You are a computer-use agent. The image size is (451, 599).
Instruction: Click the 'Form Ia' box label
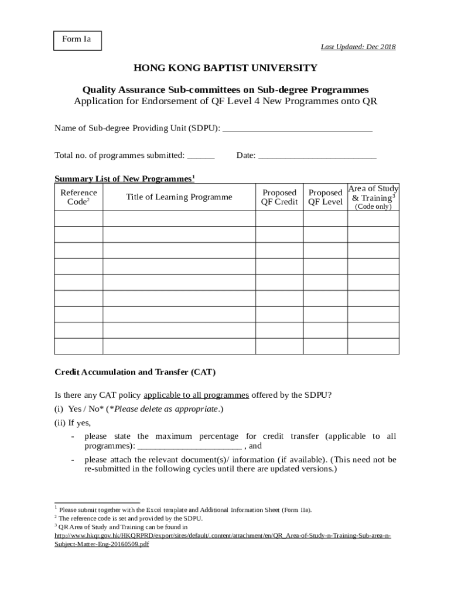point(77,40)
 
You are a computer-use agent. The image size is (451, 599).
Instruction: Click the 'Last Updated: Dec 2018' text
point(357,47)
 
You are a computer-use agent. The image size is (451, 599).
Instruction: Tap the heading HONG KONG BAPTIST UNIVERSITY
point(225,68)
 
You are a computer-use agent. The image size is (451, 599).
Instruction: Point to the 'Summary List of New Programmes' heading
point(124,178)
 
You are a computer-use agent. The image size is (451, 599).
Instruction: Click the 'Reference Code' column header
point(78,197)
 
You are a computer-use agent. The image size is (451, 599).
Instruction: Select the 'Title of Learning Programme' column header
point(179,197)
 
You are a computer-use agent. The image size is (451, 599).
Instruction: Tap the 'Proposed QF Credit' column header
point(279,197)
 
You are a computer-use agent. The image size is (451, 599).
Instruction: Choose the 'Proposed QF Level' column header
point(326,197)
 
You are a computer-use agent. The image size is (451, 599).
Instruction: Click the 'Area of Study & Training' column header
point(374,197)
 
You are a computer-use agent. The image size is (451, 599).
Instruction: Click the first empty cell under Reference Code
point(78,219)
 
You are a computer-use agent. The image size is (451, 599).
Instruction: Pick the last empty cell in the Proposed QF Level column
point(326,346)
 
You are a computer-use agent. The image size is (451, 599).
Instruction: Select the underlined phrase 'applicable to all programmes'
point(196,395)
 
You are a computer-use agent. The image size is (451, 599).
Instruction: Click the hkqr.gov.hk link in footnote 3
point(223,536)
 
